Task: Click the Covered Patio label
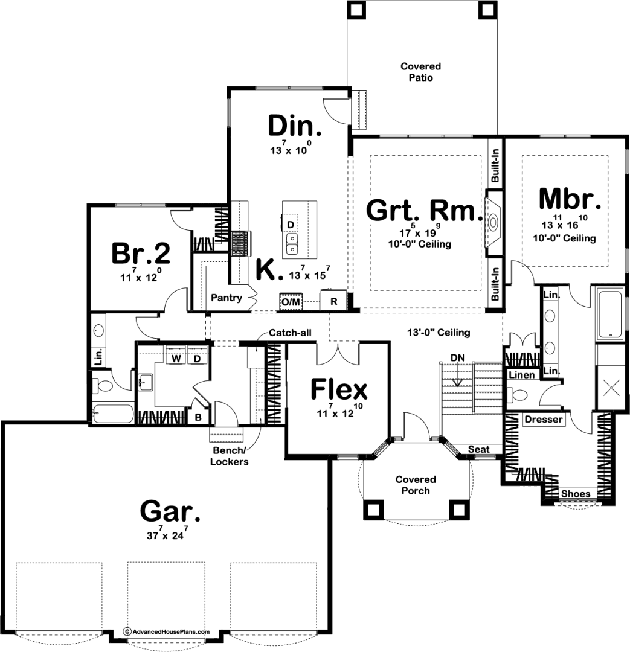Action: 420,72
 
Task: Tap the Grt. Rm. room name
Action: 424,210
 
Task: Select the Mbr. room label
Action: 570,199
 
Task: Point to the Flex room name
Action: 339,389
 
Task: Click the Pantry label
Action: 227,298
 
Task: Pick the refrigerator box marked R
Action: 334,301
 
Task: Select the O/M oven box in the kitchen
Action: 291,302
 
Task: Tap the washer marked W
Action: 176,358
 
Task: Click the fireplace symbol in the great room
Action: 493,223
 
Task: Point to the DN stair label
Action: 457,358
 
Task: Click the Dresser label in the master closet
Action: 544,420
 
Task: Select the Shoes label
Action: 576,494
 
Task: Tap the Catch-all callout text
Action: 290,333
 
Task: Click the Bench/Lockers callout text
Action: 230,456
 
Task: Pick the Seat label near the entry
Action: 478,449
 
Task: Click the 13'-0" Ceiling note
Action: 439,332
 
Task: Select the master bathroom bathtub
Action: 609,314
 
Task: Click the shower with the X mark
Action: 611,388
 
